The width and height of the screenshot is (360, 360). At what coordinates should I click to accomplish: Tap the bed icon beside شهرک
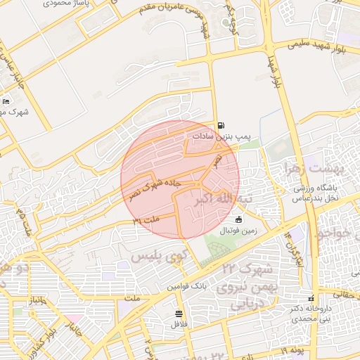(6, 102)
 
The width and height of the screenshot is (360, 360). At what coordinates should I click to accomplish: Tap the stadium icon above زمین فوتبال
(238, 219)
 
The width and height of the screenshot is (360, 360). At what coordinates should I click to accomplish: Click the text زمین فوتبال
(238, 229)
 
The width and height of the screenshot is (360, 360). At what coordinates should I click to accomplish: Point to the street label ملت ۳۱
(146, 221)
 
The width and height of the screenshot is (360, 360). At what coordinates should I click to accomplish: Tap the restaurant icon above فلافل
(179, 313)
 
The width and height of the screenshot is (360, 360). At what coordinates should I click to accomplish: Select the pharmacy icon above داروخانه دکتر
(312, 298)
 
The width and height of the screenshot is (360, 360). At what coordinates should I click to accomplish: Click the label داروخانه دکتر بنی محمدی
(312, 312)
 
